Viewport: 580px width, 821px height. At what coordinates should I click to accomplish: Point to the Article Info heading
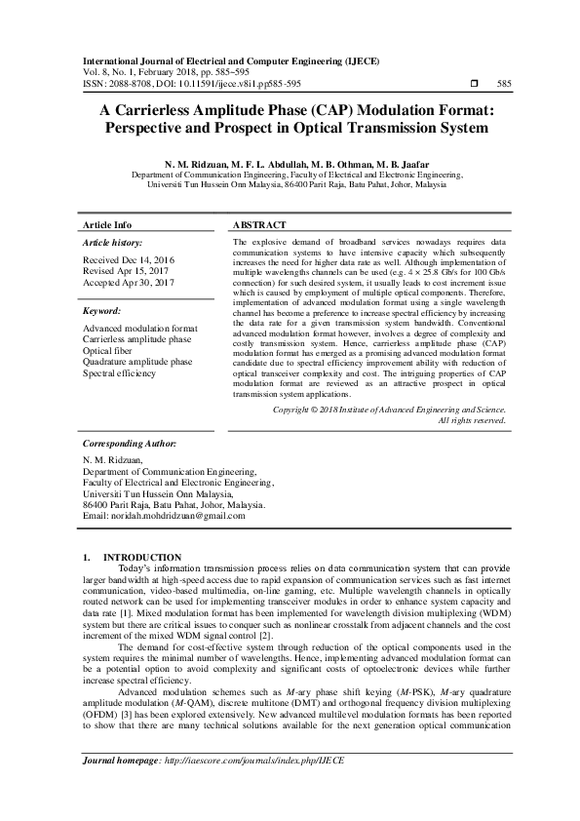point(107,224)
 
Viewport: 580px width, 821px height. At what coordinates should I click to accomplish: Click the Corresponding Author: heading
point(130,443)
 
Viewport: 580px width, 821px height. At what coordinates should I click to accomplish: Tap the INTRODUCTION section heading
point(141,556)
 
